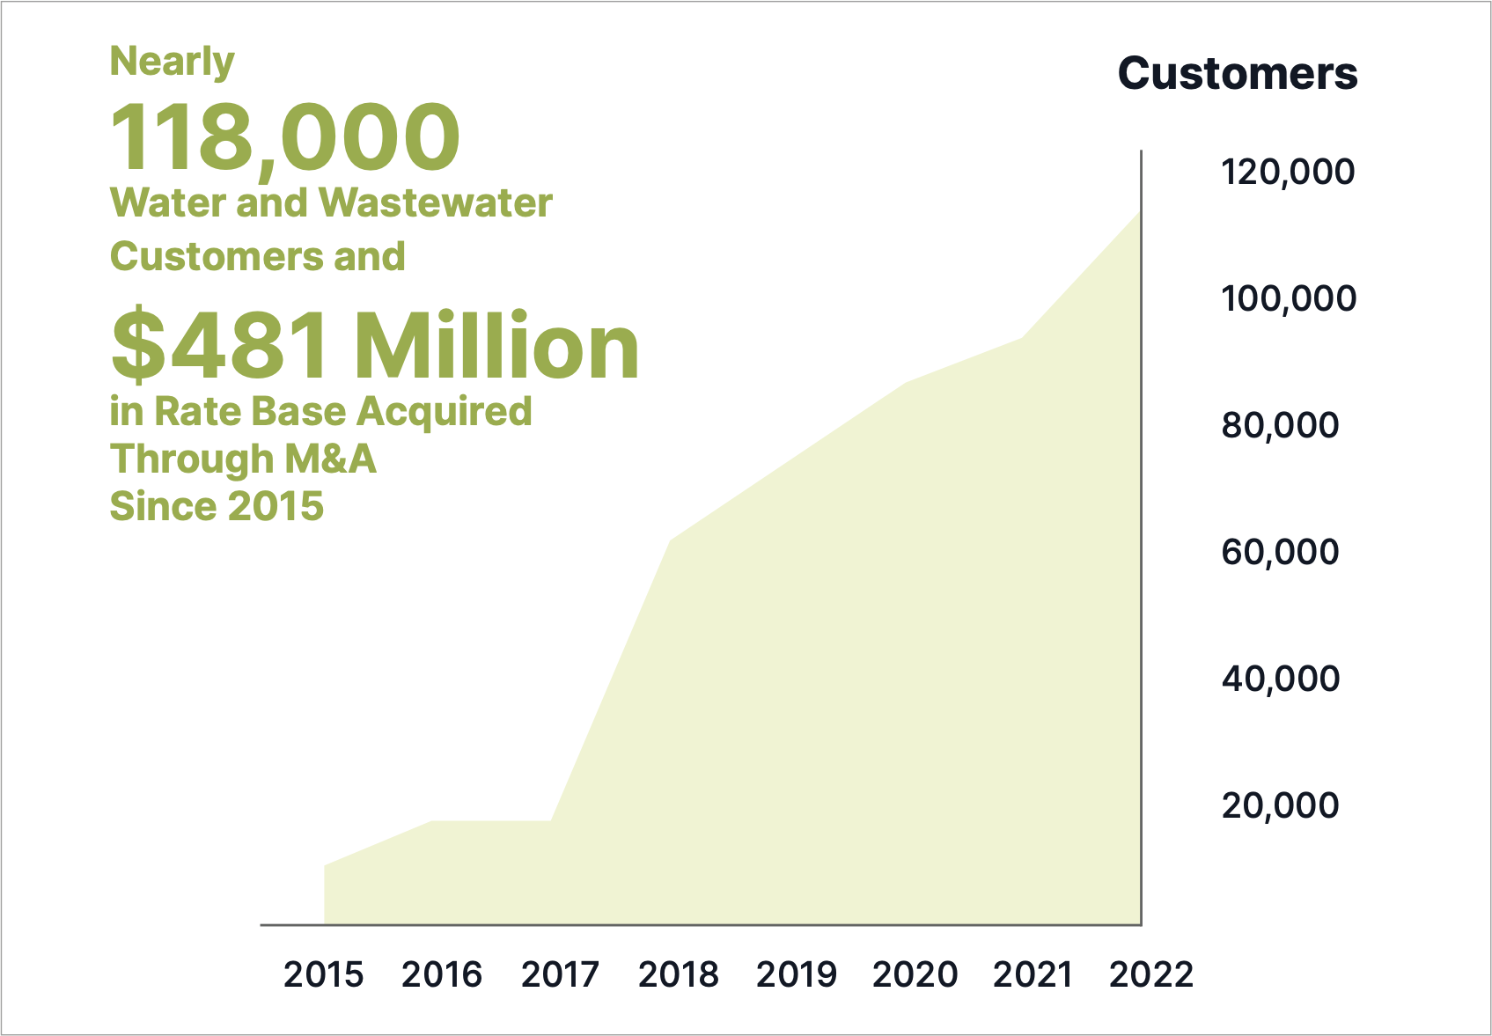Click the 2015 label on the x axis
323,974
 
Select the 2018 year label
679,974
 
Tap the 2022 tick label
1151,974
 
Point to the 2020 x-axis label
915,974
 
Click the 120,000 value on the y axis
1288,172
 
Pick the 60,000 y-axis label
1280,552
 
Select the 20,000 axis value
1280,805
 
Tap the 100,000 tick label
1288,298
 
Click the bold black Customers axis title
1238,74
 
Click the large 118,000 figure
285,138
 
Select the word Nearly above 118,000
173,62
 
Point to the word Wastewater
436,203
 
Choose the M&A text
329,459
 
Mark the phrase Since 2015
217,507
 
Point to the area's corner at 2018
671,540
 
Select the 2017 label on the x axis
560,974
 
